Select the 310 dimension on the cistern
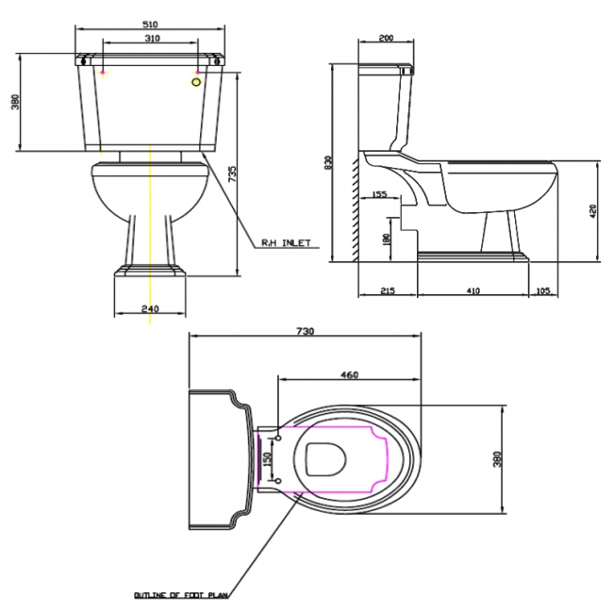pyautogui.click(x=152, y=39)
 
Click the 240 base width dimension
pyautogui.click(x=151, y=308)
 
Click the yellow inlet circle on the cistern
pyautogui.click(x=197, y=82)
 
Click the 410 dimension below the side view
pyautogui.click(x=472, y=291)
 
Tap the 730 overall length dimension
pyautogui.click(x=305, y=331)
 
